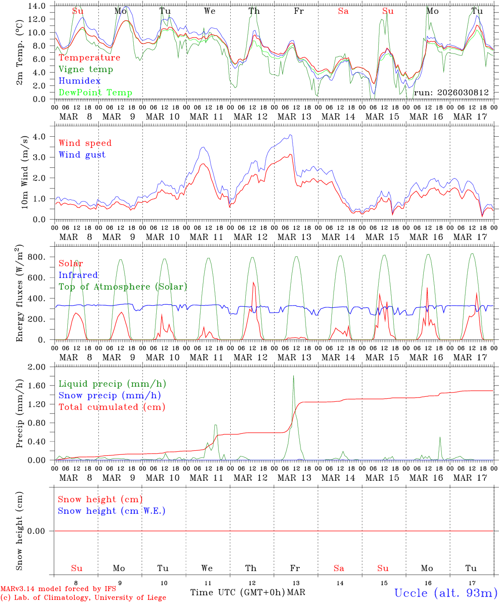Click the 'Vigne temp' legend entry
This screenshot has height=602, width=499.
click(x=86, y=69)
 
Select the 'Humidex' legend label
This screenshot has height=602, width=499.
click(x=79, y=81)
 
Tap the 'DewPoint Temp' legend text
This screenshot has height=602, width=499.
click(x=95, y=93)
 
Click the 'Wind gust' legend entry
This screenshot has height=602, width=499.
click(x=82, y=155)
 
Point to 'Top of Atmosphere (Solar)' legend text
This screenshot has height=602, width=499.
click(x=123, y=287)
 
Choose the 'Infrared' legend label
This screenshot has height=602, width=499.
click(x=78, y=275)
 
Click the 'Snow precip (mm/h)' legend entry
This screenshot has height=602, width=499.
click(x=109, y=395)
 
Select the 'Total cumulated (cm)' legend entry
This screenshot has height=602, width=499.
click(x=112, y=407)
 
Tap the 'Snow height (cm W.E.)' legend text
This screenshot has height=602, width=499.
click(x=112, y=511)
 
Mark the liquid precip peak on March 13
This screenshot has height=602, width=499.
click(x=293, y=376)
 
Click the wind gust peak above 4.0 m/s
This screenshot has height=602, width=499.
click(x=290, y=135)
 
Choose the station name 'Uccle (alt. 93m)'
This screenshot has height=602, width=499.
click(x=446, y=593)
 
